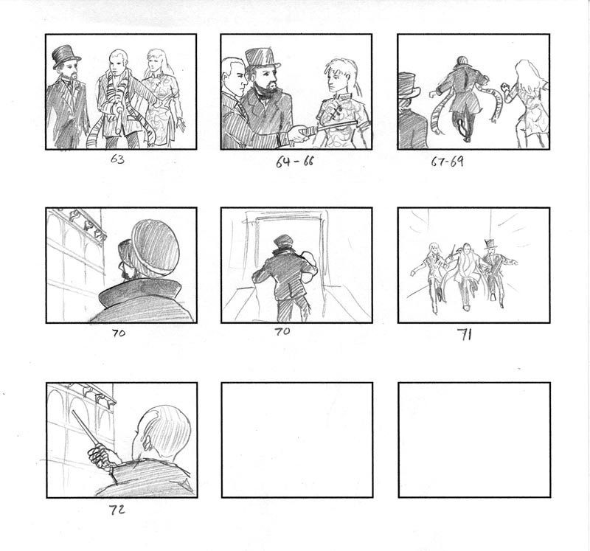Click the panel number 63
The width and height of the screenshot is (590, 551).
[117, 159]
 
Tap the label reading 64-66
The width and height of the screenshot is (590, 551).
[294, 162]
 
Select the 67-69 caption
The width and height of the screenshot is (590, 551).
[448, 162]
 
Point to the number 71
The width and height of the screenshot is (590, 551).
[465, 335]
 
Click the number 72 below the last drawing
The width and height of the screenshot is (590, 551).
[117, 510]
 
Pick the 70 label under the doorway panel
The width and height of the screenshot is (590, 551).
[282, 331]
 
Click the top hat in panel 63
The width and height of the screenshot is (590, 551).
[66, 56]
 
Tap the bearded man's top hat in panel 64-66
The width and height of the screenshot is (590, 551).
[263, 59]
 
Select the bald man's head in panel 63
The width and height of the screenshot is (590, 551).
[118, 61]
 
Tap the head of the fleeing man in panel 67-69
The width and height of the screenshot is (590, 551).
[462, 61]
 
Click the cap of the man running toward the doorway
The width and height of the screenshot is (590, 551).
[284, 240]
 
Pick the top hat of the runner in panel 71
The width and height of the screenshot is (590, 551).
[490, 243]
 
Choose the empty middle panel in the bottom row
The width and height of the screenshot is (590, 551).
[297, 440]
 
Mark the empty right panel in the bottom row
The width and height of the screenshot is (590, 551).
[474, 440]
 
